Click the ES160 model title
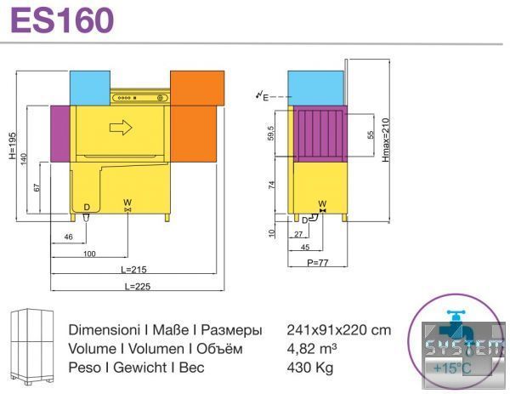pyautogui.click(x=62, y=20)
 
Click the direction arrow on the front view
pyautogui.click(x=121, y=128)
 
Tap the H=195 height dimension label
pyautogui.click(x=13, y=146)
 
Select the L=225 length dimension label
pyautogui.click(x=138, y=286)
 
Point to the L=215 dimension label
pyautogui.click(x=133, y=270)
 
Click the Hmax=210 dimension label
pyautogui.click(x=385, y=140)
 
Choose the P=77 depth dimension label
pyautogui.click(x=318, y=262)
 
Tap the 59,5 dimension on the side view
pyautogui.click(x=270, y=133)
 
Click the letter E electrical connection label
pyautogui.click(x=266, y=97)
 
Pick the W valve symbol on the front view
pyautogui.click(x=127, y=210)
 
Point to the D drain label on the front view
pyautogui.click(x=87, y=207)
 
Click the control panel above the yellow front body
pyautogui.click(x=140, y=98)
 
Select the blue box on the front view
pyautogui.click(x=90, y=88)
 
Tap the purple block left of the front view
pyautogui.click(x=60, y=134)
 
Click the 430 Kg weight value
pyautogui.click(x=310, y=368)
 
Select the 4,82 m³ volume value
pyautogui.click(x=312, y=349)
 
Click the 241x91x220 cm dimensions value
pyautogui.click(x=339, y=330)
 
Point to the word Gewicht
pyautogui.click(x=140, y=368)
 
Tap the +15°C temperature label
pyautogui.click(x=452, y=368)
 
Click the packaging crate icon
pyautogui.click(x=32, y=346)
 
